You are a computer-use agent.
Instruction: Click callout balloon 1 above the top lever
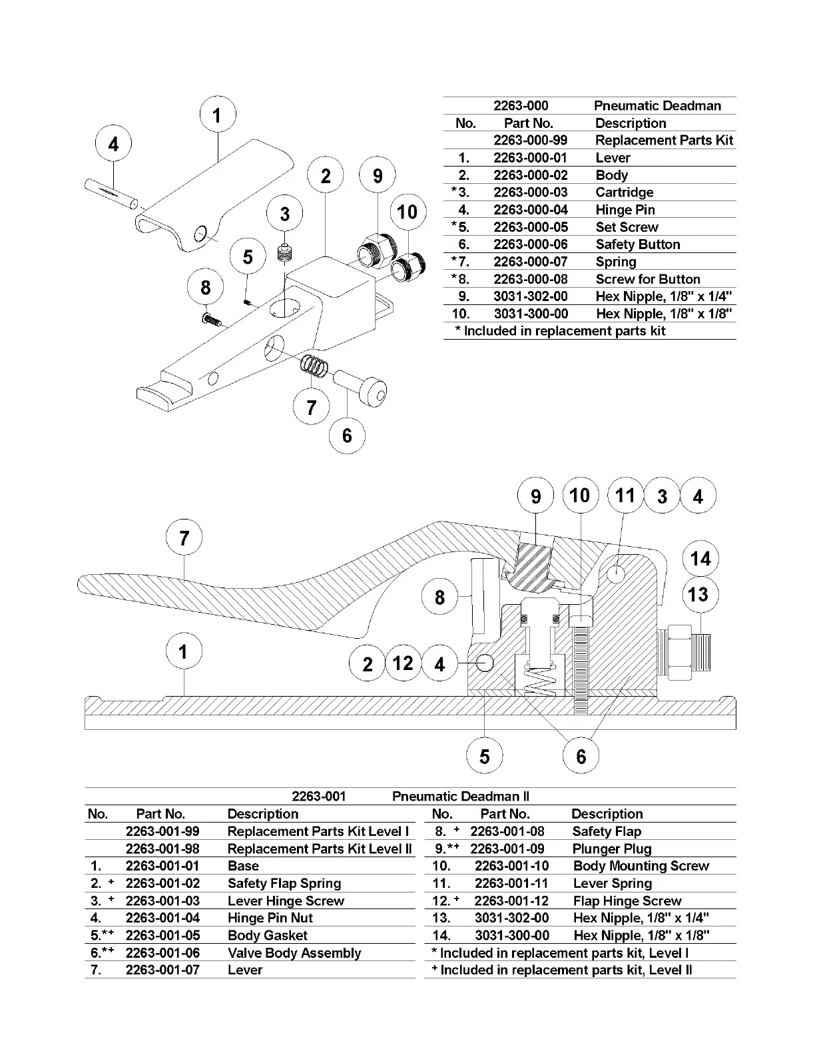click(216, 116)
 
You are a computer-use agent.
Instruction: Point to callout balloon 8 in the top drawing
click(205, 288)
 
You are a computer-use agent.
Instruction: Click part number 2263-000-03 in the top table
click(530, 192)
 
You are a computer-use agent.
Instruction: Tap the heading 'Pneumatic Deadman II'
click(460, 797)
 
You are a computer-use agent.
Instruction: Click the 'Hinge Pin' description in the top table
click(625, 210)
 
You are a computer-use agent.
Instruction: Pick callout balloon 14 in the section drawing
click(700, 558)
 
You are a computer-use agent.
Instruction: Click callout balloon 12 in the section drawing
click(403, 663)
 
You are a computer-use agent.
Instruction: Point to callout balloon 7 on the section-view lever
click(184, 537)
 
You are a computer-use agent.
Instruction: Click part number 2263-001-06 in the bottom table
click(162, 953)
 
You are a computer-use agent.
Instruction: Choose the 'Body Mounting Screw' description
click(641, 866)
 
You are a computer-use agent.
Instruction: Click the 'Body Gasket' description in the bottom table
click(267, 936)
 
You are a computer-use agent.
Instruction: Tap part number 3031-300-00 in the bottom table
click(512, 936)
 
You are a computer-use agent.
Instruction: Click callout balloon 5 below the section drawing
click(484, 757)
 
